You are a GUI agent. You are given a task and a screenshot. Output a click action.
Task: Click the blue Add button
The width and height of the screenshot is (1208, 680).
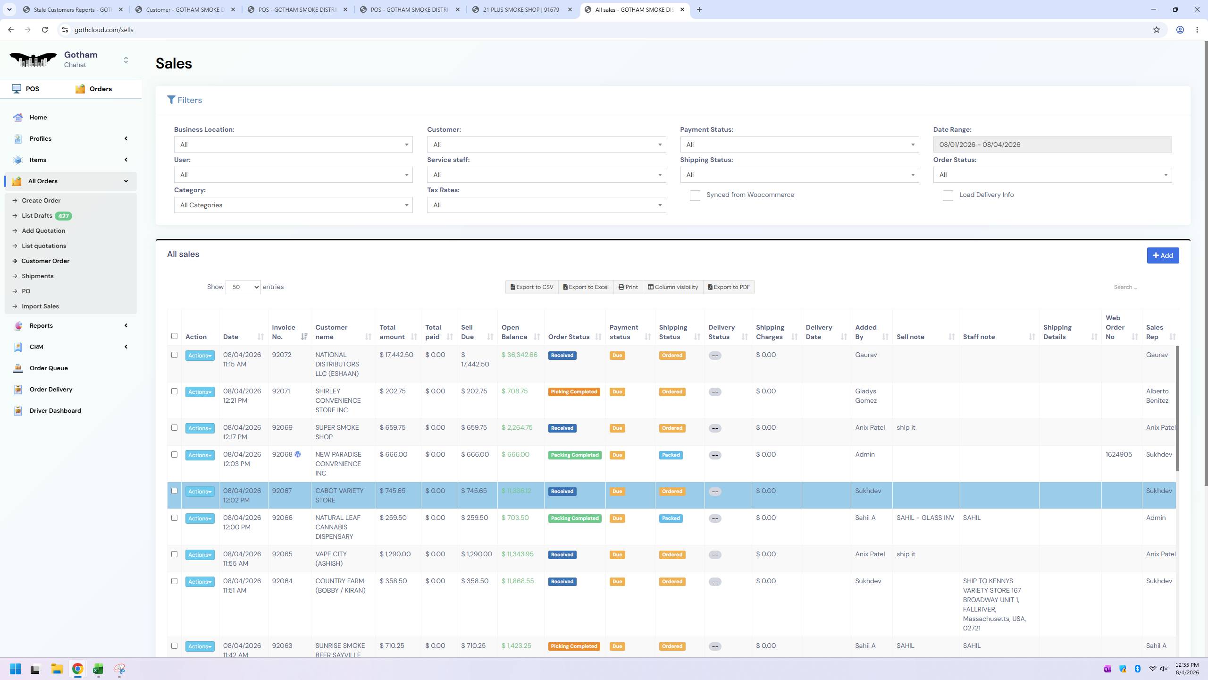click(1163, 255)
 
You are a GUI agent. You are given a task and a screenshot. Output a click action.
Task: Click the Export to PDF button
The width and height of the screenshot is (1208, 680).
click(729, 287)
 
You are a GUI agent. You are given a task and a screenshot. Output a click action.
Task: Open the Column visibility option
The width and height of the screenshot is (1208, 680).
click(673, 287)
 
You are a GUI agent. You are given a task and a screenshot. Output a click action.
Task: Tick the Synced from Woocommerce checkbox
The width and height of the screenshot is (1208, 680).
click(695, 195)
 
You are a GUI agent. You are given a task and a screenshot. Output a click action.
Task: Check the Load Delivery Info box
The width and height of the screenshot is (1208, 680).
click(948, 195)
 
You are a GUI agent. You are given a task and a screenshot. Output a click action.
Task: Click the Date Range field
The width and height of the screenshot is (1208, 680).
click(1052, 144)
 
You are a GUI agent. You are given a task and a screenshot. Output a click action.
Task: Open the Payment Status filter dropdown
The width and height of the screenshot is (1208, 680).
click(799, 144)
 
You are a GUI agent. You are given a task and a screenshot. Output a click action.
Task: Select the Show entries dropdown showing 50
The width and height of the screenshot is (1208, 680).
click(243, 287)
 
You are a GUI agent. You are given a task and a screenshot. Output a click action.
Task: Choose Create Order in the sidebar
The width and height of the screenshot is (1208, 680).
click(41, 200)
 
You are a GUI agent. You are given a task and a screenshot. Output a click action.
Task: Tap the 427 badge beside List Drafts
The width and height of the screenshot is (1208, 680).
click(63, 216)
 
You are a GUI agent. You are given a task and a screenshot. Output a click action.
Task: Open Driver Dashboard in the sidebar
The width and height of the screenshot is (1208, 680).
click(55, 410)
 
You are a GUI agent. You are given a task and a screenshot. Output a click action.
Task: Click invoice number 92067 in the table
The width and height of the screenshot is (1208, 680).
click(282, 491)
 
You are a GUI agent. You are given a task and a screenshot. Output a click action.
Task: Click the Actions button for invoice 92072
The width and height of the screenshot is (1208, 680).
click(200, 356)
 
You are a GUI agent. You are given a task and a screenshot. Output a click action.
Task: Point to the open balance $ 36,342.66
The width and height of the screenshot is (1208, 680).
click(519, 355)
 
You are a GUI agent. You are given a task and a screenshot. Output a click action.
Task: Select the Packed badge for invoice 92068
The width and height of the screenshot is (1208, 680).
click(671, 455)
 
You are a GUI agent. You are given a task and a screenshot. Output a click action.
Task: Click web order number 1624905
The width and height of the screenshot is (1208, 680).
click(1118, 454)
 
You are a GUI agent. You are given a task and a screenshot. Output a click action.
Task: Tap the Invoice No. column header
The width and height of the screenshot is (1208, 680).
click(284, 332)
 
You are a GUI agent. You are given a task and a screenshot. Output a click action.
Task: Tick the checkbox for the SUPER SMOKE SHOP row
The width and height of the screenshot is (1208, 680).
click(174, 428)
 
